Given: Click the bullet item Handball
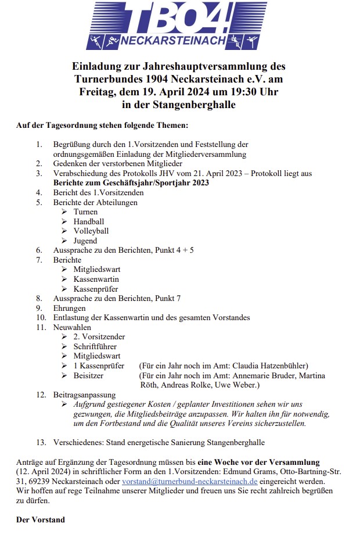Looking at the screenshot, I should pos(89,221).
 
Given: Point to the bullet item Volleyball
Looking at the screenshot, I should pos(91,231).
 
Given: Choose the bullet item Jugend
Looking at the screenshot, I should pos(85,241).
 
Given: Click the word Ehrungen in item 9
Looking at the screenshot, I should pos(69,308).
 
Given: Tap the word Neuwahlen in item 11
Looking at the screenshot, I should pos(72,327).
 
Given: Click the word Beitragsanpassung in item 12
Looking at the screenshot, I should pos(84,395).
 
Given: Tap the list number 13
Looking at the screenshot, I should pos(41,442).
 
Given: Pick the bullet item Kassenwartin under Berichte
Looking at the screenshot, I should pos(96,279).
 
